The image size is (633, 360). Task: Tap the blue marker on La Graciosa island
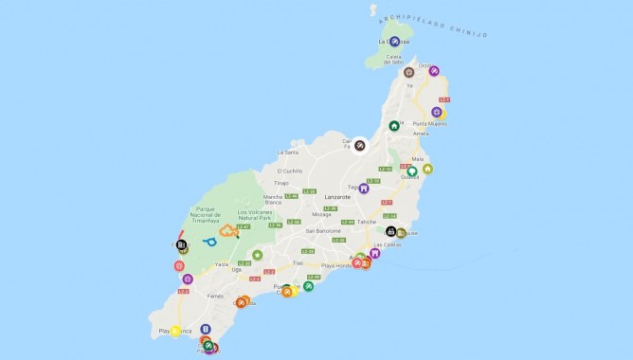pyautogui.click(x=394, y=41)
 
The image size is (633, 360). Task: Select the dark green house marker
pyautogui.click(x=394, y=126)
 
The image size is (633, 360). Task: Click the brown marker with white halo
pyautogui.click(x=360, y=144)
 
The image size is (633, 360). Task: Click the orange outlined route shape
pyautogui.click(x=228, y=230)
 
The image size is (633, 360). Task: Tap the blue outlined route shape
pyautogui.click(x=209, y=242)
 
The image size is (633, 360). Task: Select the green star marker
pyautogui.click(x=257, y=254)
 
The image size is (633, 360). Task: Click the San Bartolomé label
pyautogui.click(x=323, y=230)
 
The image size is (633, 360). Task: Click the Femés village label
pyautogui.click(x=216, y=296)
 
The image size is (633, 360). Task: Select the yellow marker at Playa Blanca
pyautogui.click(x=175, y=331)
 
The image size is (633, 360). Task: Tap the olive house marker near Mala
pyautogui.click(x=427, y=169)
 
